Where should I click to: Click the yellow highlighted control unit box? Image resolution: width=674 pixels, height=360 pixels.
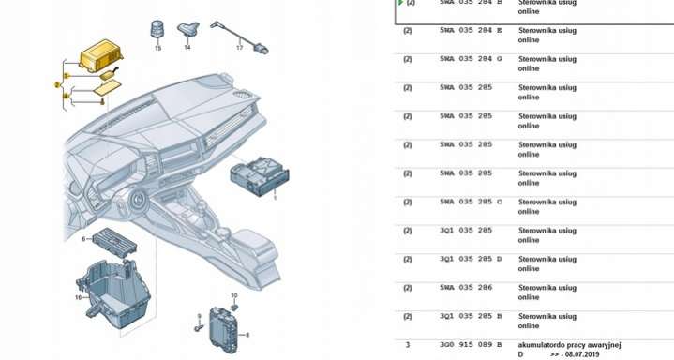[x=100, y=55]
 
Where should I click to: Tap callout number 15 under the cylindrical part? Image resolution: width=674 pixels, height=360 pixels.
[x=157, y=48]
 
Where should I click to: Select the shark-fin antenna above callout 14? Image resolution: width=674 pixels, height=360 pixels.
[x=188, y=30]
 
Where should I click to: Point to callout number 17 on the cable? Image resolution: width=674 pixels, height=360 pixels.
[x=239, y=47]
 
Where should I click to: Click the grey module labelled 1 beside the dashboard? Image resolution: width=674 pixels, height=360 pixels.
[x=260, y=176]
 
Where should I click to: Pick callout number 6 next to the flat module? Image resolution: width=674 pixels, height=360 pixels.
[x=83, y=239]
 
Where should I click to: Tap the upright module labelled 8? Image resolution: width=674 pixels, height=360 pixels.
[x=223, y=329]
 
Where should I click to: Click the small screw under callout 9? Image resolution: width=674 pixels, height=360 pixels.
[x=198, y=328]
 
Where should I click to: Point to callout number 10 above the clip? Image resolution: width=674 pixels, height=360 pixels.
[x=233, y=295]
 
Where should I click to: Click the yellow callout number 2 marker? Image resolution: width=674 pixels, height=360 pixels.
[x=57, y=85]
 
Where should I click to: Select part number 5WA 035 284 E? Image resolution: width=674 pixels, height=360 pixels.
[x=471, y=31]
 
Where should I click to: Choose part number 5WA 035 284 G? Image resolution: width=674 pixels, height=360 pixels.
[x=471, y=59]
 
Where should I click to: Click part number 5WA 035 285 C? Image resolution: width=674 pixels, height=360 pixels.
[x=471, y=202]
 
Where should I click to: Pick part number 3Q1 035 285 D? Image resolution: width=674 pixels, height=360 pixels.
[x=471, y=259]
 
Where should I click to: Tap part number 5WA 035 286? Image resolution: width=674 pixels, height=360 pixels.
[x=466, y=287]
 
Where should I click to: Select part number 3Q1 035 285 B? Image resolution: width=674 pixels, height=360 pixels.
[x=471, y=316]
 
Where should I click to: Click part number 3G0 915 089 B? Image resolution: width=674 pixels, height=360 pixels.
[x=471, y=344]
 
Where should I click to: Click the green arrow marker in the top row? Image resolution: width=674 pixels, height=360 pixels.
[x=400, y=3]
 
